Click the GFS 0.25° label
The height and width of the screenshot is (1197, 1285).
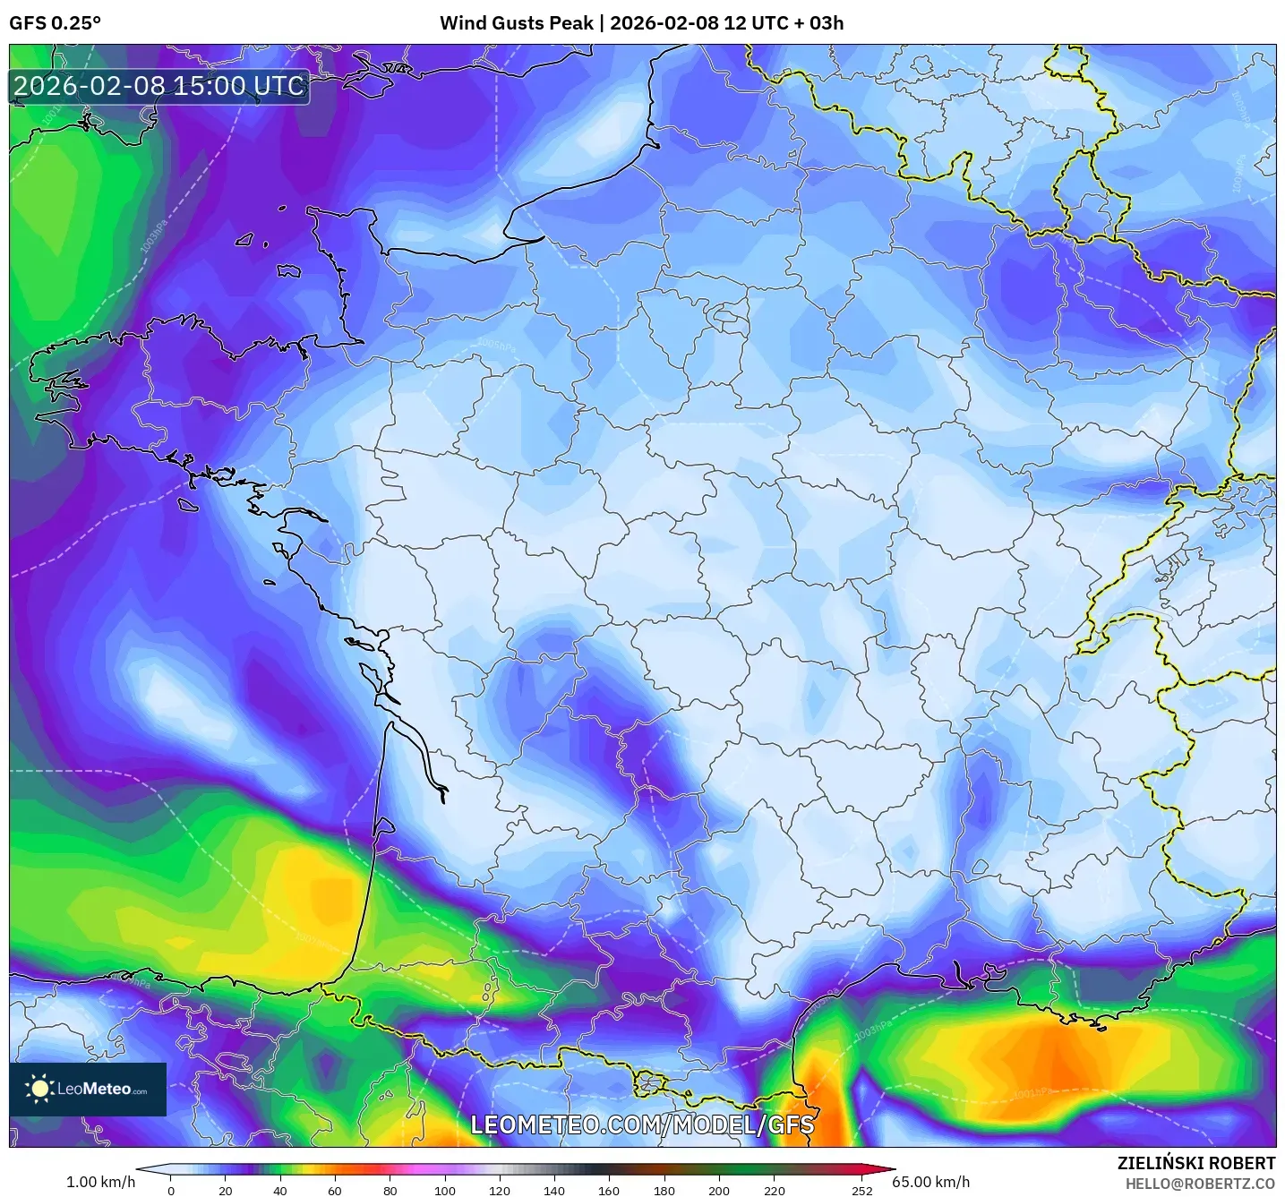[55, 23]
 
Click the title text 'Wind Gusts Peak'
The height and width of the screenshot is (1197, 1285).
[517, 23]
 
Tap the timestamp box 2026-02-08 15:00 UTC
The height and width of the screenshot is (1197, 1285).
[159, 86]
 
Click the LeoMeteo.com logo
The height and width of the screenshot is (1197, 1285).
[88, 1089]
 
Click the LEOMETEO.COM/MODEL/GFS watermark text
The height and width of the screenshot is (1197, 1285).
[642, 1124]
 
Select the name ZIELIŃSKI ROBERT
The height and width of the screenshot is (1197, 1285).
[1196, 1163]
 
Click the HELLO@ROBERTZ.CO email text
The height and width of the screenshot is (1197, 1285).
[1200, 1184]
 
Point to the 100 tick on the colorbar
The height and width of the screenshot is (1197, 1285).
[445, 1190]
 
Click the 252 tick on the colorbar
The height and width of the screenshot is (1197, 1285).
[861, 1190]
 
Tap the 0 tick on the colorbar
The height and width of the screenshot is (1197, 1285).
[171, 1190]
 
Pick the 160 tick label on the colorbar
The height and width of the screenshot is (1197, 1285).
[609, 1190]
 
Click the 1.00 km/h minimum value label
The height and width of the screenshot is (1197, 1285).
[100, 1182]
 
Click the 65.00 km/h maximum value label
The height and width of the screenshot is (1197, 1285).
[931, 1182]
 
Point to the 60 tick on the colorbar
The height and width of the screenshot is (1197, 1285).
[335, 1190]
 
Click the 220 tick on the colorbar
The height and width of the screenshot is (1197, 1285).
[775, 1190]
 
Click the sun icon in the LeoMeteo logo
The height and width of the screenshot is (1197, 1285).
[39, 1089]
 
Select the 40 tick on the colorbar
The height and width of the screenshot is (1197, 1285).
[280, 1190]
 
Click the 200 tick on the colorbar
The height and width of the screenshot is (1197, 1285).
[719, 1190]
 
